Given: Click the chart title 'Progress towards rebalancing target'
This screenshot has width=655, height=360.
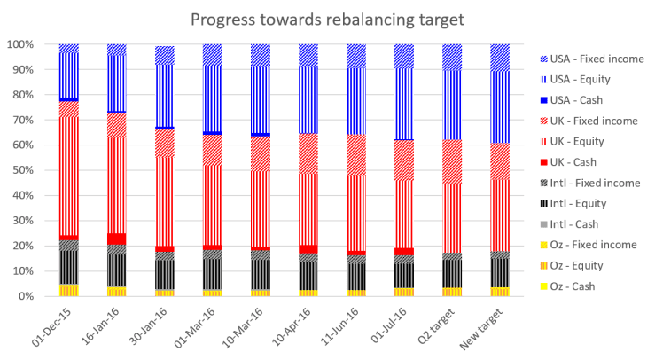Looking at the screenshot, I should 328,20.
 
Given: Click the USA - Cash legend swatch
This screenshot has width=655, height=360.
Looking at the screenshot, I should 544,99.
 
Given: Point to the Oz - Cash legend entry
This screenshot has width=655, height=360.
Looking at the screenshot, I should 577,286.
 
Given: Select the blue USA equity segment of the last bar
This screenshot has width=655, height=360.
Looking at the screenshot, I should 500,106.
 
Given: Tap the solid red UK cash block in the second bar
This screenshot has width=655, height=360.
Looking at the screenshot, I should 116,239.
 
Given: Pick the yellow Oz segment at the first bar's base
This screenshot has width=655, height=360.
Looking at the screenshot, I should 68,290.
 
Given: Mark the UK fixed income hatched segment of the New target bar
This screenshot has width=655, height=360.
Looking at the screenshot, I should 500,160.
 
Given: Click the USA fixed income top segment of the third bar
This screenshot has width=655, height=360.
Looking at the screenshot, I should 164,55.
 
